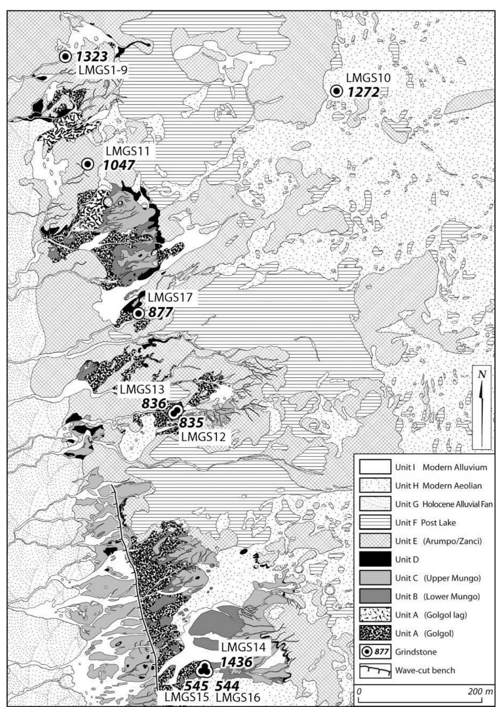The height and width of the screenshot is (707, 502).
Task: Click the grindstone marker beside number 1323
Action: click(65, 56)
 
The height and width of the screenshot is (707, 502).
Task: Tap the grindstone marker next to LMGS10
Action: click(337, 91)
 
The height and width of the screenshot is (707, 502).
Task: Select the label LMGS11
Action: click(127, 151)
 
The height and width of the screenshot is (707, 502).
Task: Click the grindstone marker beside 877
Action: click(138, 313)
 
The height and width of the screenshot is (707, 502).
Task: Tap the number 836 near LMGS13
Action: click(154, 403)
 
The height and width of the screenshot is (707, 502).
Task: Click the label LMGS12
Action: click(203, 437)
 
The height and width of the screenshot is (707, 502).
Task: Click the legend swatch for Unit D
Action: click(375, 560)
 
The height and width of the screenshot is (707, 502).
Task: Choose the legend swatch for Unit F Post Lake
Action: click(375, 522)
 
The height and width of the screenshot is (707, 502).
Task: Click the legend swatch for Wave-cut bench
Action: click(375, 670)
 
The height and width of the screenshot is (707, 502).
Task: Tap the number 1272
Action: click(364, 92)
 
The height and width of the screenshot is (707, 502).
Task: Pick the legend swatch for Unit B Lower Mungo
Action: click(375, 596)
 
